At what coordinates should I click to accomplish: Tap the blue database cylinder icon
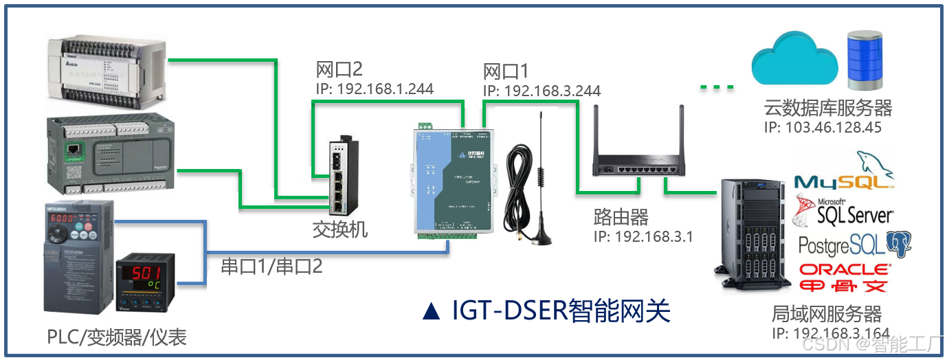point(864,60)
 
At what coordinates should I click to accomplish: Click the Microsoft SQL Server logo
point(843,212)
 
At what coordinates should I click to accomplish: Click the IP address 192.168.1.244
point(375,89)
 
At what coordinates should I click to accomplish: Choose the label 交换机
point(339,229)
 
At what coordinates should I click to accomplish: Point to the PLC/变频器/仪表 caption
point(116,337)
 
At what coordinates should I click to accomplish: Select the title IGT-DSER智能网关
point(546,311)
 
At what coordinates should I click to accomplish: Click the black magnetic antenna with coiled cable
point(530,185)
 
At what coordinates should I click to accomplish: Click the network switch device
point(339,175)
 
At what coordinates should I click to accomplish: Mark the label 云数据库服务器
point(827,109)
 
